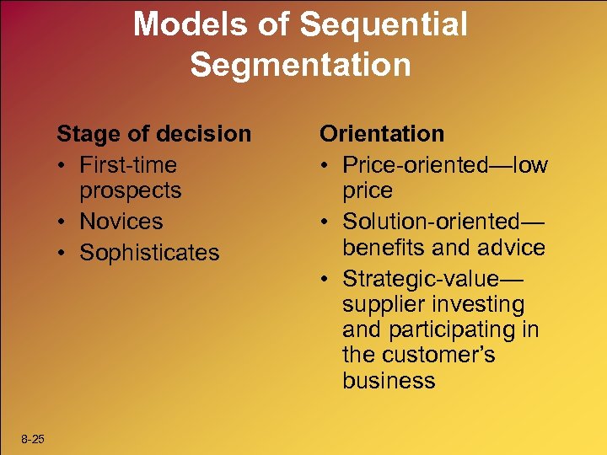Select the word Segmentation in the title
pyautogui.click(x=300, y=64)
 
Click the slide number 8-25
pyautogui.click(x=34, y=439)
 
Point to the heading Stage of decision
pyautogui.click(x=153, y=134)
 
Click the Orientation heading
pyautogui.click(x=381, y=134)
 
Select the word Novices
pyautogui.click(x=121, y=222)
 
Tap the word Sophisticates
pyautogui.click(x=149, y=253)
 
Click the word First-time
pyautogui.click(x=128, y=165)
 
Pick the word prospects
pyautogui.click(x=131, y=190)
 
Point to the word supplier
pyautogui.click(x=383, y=304)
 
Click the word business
pyautogui.click(x=389, y=380)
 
